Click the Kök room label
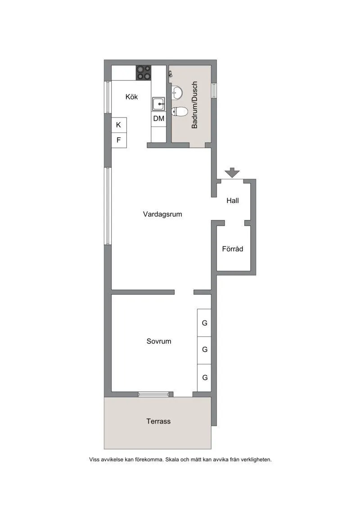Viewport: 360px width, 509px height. [131, 97]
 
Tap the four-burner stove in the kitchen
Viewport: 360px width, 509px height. [144, 73]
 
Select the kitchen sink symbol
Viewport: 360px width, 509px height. [159, 104]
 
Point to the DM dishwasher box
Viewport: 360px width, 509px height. [159, 118]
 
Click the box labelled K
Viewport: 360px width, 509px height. [119, 125]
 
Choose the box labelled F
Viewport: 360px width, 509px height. [119, 140]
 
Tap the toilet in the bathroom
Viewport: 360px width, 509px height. [180, 112]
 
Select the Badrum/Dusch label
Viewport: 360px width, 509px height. [194, 105]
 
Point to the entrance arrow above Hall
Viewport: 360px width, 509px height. [233, 173]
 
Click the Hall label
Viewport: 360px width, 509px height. [233, 201]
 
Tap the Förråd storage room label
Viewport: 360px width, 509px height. [233, 249]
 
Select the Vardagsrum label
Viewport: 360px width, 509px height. [162, 214]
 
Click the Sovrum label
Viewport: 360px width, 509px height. [159, 341]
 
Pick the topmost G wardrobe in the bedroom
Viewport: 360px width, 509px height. [204, 323]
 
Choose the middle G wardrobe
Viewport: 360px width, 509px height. [204, 350]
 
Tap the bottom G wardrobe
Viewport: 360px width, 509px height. [204, 378]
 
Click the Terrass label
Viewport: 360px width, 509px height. [158, 421]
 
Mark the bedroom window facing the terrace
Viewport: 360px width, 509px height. [153, 394]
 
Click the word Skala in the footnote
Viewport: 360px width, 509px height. [172, 459]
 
